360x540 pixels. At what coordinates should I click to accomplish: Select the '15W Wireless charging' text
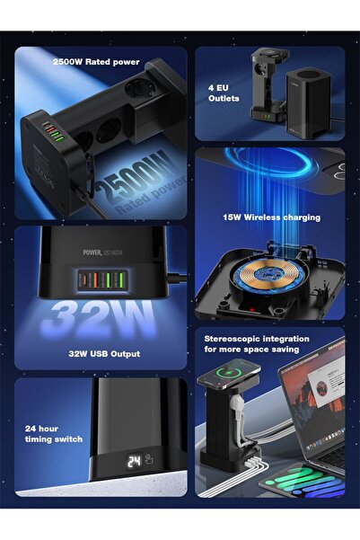pos(272,217)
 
